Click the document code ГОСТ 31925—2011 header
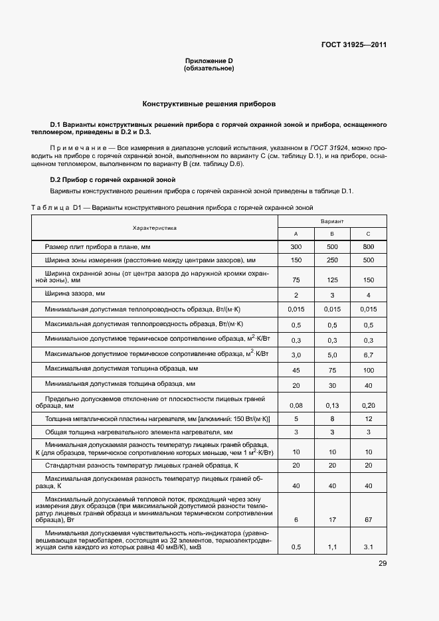353,45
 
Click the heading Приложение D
209,61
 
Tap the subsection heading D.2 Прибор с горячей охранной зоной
112,179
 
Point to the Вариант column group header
331,220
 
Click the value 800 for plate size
369,246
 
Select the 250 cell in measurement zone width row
332,260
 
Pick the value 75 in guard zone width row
296,280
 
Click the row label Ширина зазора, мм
74,293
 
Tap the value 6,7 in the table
369,355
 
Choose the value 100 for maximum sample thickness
369,370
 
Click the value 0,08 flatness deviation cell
296,405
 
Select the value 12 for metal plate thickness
369,419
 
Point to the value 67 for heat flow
369,520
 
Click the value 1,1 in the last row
332,547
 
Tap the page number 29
383,564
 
